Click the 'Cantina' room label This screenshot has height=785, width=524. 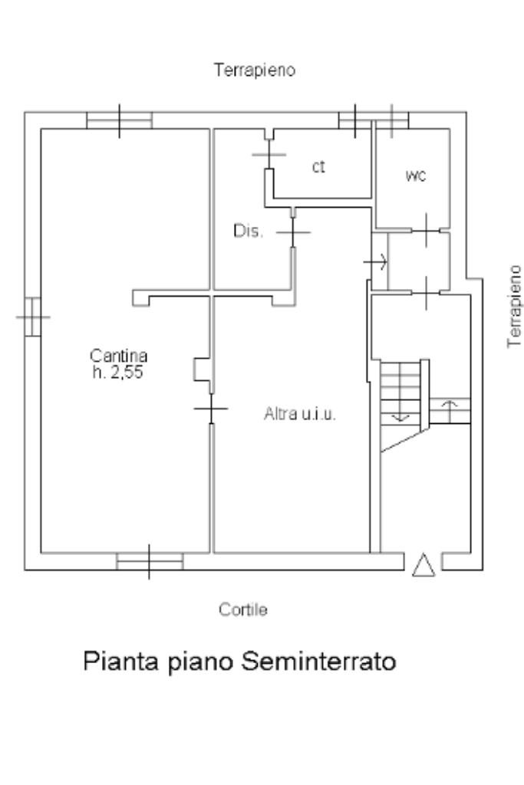pyautogui.click(x=118, y=356)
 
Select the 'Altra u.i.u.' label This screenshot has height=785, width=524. pyautogui.click(x=300, y=415)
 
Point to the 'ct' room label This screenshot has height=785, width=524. pyautogui.click(x=318, y=167)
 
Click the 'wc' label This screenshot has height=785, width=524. pyautogui.click(x=415, y=176)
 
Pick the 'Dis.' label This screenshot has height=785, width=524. pyautogui.click(x=249, y=232)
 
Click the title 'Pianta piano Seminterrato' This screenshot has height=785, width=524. pyautogui.click(x=240, y=660)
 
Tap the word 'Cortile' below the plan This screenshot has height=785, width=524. pyautogui.click(x=242, y=610)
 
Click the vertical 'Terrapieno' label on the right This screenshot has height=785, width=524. pyautogui.click(x=516, y=307)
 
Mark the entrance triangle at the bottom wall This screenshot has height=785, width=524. pyautogui.click(x=423, y=565)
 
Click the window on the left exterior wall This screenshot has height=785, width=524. pyautogui.click(x=32, y=316)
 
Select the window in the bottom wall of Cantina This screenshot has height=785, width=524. pyautogui.click(x=149, y=562)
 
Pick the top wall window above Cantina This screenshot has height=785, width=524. pyautogui.click(x=120, y=120)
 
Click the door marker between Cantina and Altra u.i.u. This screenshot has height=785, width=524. pyautogui.click(x=211, y=410)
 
